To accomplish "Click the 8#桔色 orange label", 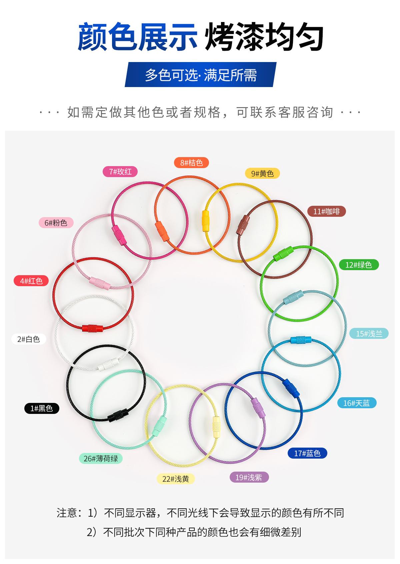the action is (x=191, y=163).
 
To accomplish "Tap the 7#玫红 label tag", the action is (x=120, y=172).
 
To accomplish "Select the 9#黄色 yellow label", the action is (x=262, y=173).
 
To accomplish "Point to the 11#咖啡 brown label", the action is (x=327, y=211).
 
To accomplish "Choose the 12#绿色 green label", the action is (x=359, y=265).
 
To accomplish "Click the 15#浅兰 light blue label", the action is (x=369, y=334).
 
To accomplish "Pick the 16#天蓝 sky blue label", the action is (x=357, y=403).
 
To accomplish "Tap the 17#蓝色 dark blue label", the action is (x=307, y=453).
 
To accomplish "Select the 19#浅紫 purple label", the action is (x=249, y=477).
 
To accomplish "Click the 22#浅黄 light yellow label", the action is (x=176, y=479).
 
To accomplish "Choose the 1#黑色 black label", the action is (x=42, y=408).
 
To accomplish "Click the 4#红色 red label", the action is (x=31, y=281).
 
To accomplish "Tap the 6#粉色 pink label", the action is (x=56, y=223).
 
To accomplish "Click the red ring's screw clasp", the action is (x=93, y=328).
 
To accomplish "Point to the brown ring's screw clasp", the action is (x=243, y=225).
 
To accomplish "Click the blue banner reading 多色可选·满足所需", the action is (x=201, y=74).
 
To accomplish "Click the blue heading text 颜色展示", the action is (x=137, y=37).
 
